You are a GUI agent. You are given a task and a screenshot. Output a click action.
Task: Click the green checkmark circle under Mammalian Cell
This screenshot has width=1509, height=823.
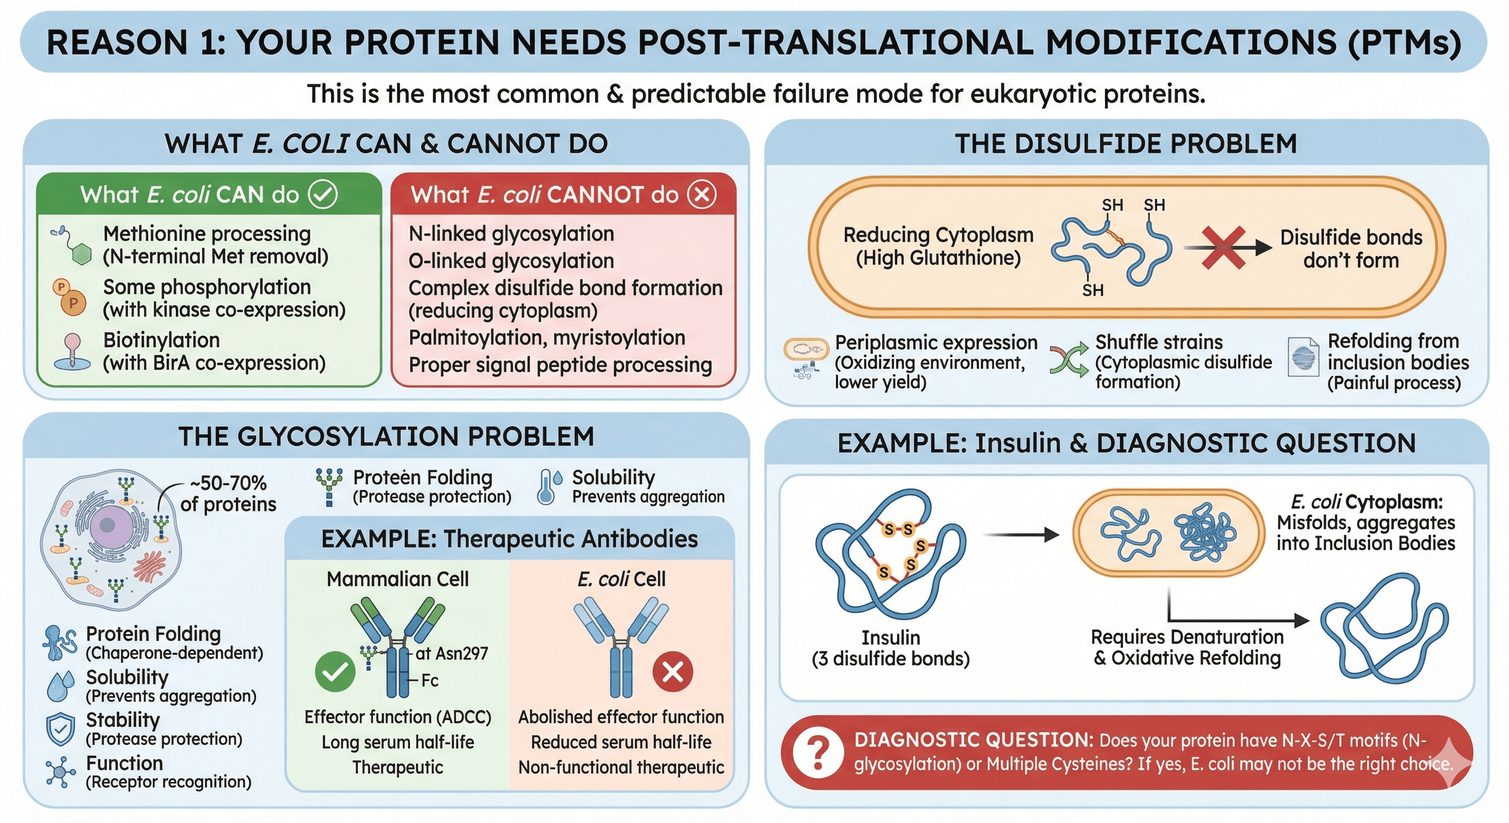click(335, 672)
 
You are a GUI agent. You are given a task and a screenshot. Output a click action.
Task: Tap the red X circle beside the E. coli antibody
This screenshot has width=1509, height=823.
click(673, 672)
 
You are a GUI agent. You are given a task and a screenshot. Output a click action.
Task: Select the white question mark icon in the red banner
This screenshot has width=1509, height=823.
click(818, 752)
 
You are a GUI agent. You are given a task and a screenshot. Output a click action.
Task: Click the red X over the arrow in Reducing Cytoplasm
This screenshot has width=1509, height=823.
click(1224, 248)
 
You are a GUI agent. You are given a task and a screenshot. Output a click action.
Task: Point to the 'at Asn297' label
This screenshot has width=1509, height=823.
click(451, 653)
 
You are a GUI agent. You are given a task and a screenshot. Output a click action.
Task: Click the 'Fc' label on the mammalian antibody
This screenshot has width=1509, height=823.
click(430, 680)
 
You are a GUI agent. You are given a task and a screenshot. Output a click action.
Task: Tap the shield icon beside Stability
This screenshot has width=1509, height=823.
click(61, 729)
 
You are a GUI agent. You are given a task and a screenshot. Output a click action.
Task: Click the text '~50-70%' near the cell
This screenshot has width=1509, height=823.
click(228, 483)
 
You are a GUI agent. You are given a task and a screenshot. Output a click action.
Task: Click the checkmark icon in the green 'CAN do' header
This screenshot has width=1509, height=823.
click(323, 194)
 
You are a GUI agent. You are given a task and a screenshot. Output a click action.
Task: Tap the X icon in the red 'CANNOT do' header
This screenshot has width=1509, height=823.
click(701, 194)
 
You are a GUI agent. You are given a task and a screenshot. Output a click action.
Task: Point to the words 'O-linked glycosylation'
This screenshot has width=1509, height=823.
click(511, 260)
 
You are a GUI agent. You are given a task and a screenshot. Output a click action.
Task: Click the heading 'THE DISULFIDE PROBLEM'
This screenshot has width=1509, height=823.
click(1125, 144)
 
